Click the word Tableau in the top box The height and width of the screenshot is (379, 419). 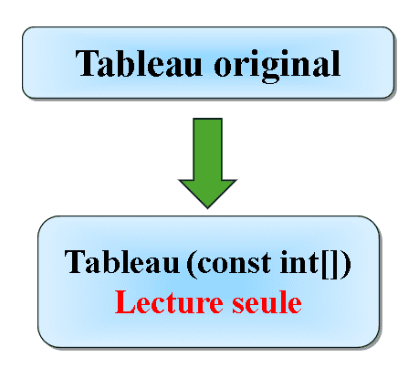[139, 63]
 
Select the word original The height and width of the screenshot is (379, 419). [278, 66]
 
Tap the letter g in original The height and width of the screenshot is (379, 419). [270, 70]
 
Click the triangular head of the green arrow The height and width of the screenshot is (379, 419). [207, 193]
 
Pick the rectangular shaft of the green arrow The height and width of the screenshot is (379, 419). [207, 149]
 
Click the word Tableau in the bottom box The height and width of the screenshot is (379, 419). [121, 262]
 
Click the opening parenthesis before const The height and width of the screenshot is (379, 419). [192, 264]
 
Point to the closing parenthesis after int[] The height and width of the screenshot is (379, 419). [345, 264]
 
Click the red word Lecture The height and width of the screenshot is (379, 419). [169, 302]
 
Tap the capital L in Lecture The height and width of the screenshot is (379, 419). [124, 301]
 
